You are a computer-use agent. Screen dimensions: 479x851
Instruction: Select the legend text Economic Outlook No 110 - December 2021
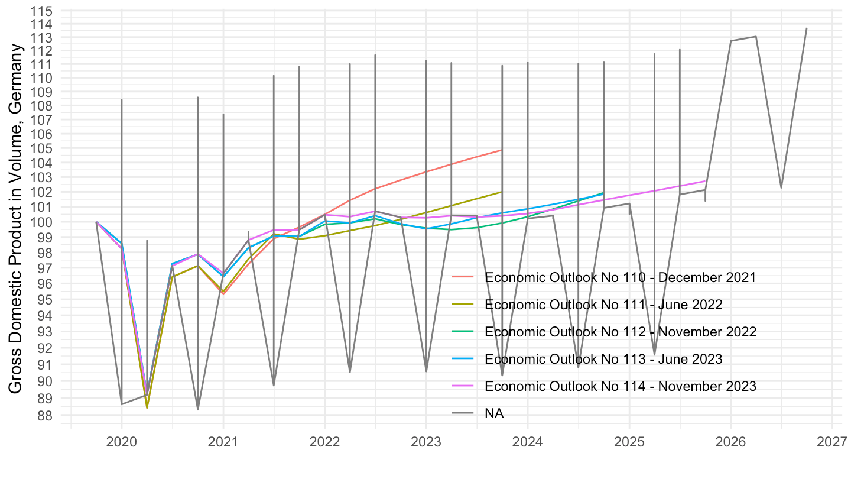620,277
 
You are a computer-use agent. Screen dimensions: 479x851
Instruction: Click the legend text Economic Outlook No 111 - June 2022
603,305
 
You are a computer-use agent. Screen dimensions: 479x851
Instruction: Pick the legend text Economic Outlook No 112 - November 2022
620,332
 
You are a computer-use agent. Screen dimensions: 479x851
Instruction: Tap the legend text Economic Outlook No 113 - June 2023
603,359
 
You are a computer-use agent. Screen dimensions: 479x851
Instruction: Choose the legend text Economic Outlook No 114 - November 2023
620,386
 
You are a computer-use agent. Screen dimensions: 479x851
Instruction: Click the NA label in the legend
494,413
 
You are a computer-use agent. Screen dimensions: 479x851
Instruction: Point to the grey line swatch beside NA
464,413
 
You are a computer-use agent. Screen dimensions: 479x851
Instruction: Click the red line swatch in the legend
464,277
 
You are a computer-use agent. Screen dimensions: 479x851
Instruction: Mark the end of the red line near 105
502,150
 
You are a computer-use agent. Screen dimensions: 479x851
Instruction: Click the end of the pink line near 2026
705,181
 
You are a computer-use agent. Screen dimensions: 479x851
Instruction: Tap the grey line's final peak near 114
807,28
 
